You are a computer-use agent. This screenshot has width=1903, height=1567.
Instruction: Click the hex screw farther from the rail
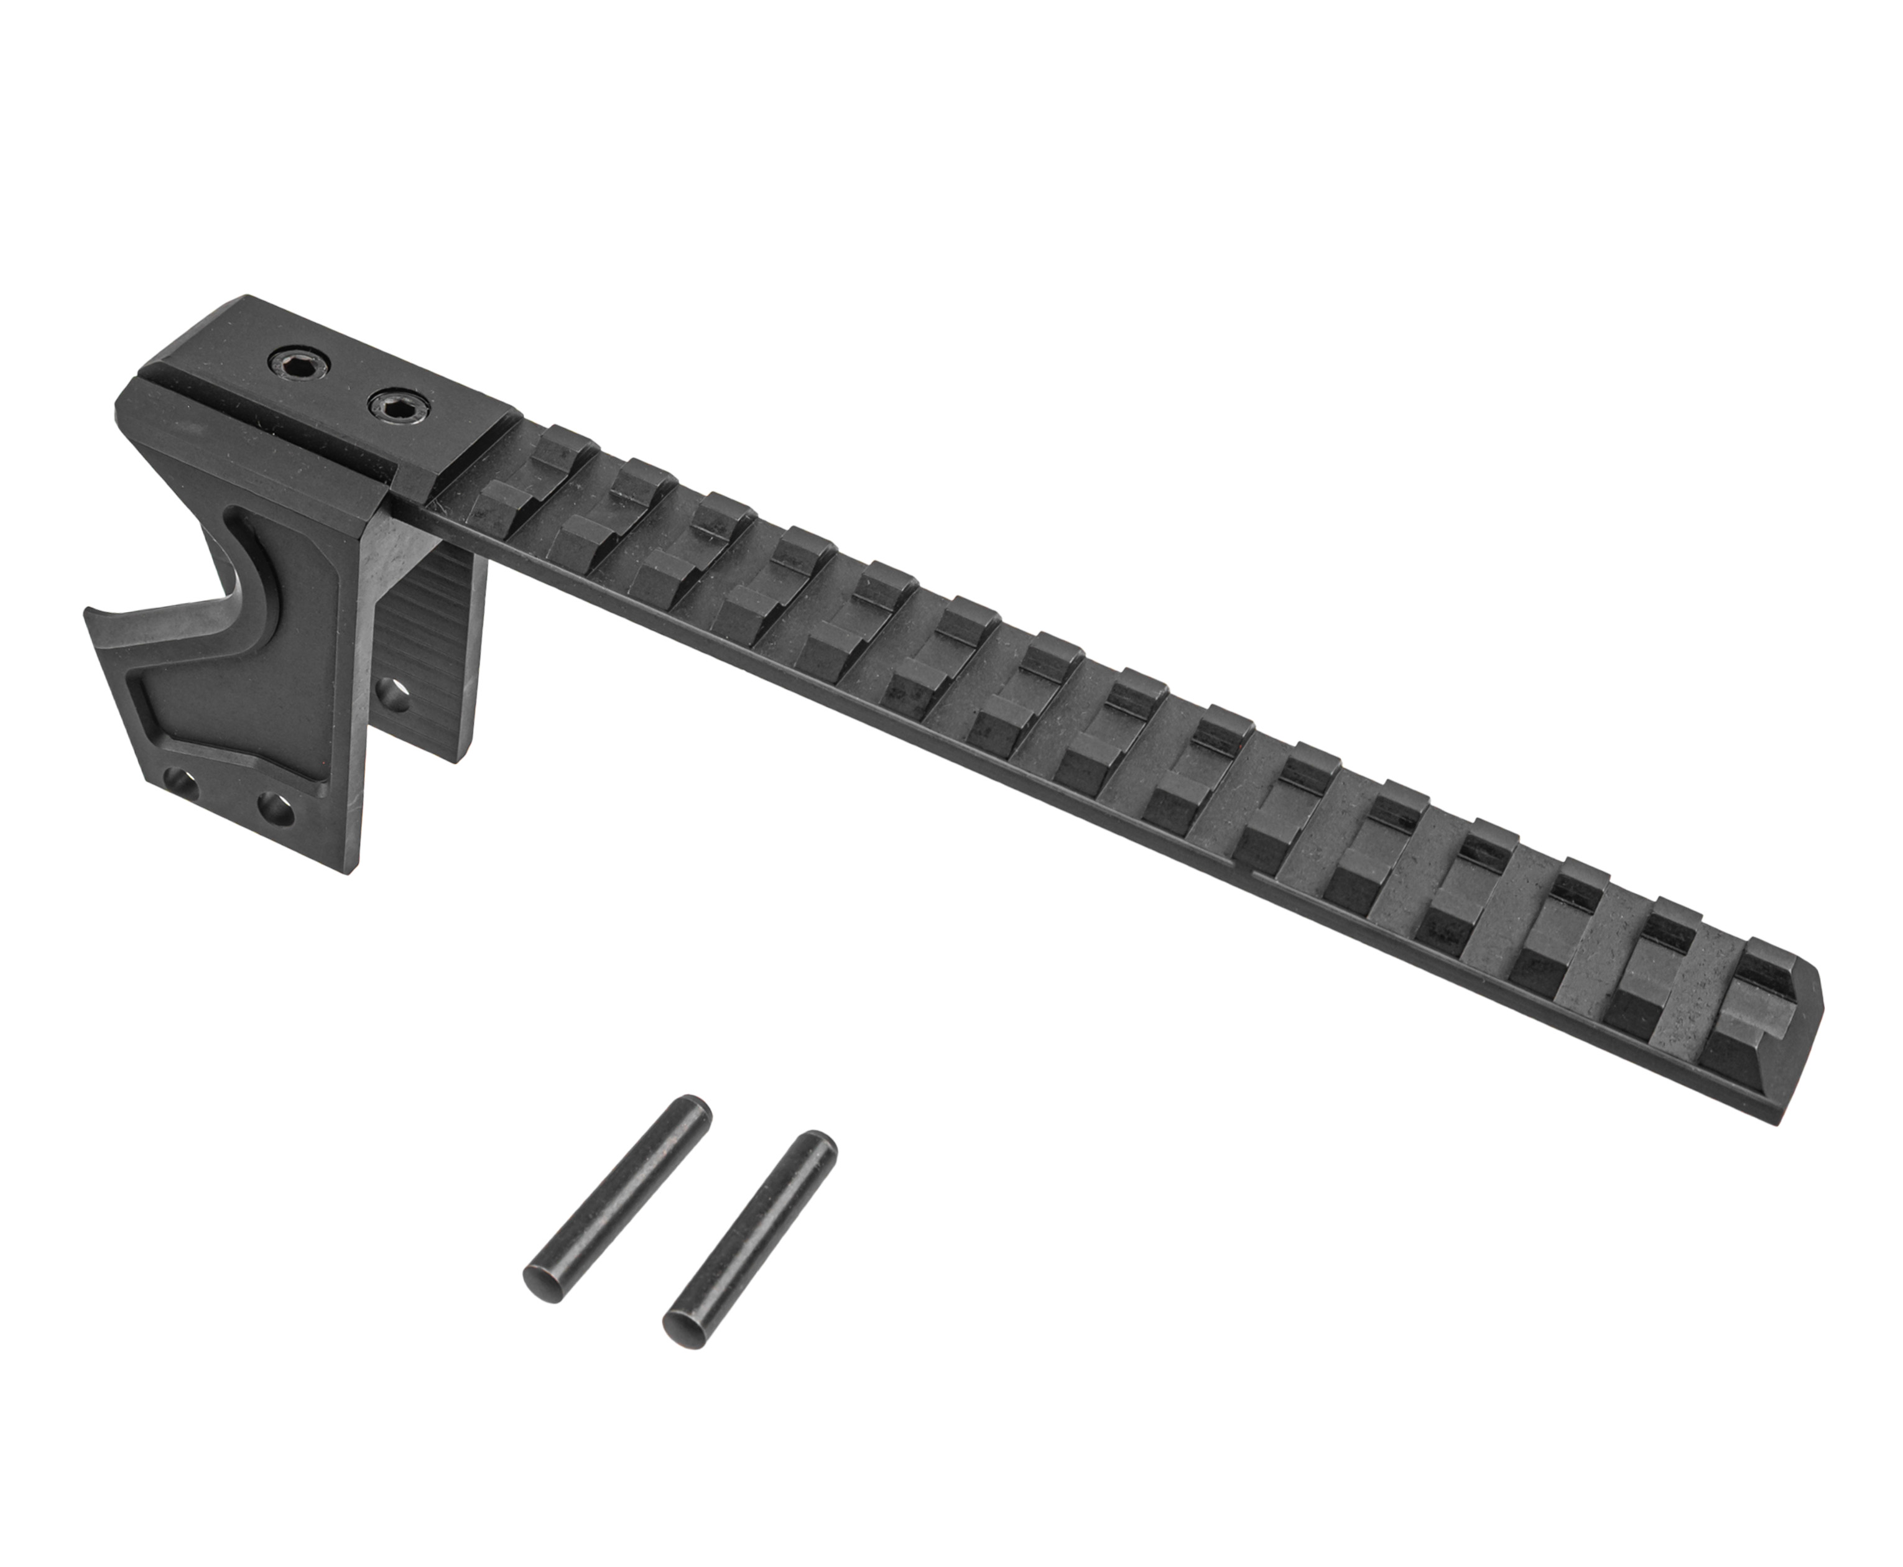click(x=299, y=364)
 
